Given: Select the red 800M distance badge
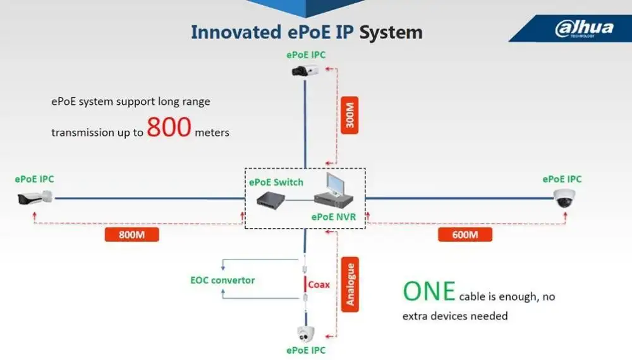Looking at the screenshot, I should point(131,235).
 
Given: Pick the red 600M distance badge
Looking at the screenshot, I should point(465,235).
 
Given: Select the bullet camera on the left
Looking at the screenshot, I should point(35,199).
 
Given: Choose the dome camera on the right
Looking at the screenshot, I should point(564,198).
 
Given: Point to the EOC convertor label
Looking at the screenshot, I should point(222,280).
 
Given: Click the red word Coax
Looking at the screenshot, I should point(319,284).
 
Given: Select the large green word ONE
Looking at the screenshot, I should point(429,291).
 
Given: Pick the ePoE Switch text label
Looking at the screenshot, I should point(276,183).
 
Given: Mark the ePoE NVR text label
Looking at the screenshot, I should point(334,217).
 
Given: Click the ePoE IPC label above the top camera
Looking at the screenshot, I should point(306,55).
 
